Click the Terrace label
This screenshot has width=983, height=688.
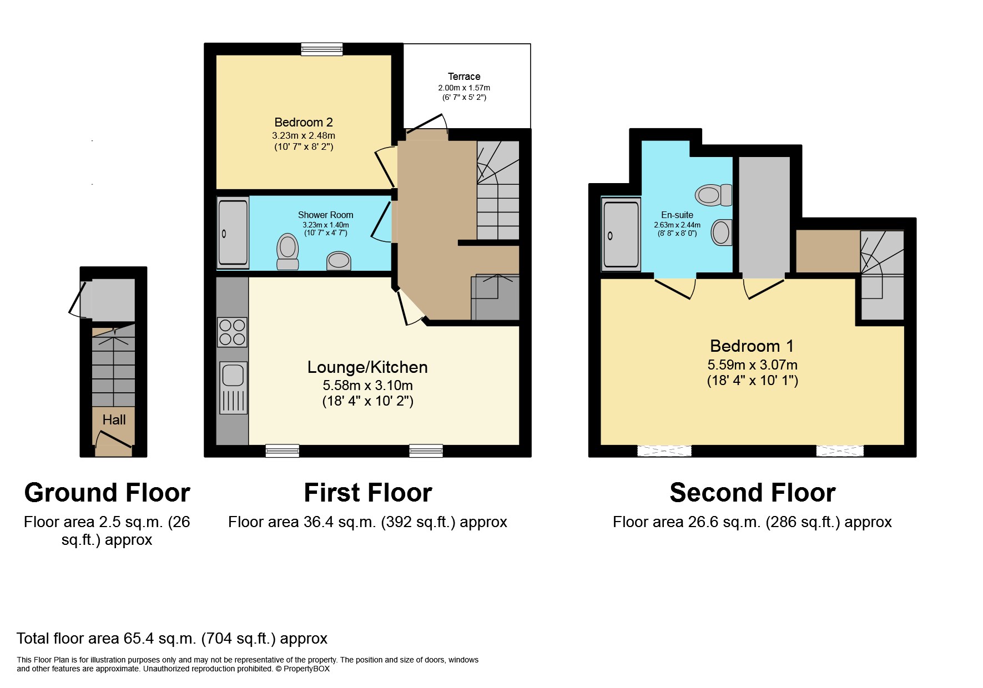tap(464, 77)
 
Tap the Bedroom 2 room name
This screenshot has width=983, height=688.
tap(303, 122)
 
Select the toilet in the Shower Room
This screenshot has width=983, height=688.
tap(287, 251)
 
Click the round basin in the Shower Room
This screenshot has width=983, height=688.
tap(339, 260)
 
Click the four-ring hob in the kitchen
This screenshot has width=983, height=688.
tap(232, 332)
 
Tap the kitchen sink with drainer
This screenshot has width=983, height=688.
tap(233, 388)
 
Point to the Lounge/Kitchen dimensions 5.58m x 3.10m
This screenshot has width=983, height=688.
tap(367, 385)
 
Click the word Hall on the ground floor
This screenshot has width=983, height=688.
tap(114, 420)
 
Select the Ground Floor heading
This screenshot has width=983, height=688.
tap(107, 493)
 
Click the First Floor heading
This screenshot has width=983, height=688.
tap(367, 493)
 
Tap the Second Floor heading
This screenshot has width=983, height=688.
tap(752, 493)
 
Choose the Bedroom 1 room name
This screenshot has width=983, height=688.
tap(752, 346)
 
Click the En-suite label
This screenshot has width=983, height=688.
tap(677, 215)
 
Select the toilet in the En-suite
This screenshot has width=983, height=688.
tap(713, 195)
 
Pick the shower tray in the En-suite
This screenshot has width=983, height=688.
tap(621, 235)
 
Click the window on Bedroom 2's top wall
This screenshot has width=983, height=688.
tap(322, 49)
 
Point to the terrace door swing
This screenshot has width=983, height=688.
tap(427, 123)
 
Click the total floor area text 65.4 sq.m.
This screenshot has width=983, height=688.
tap(172, 639)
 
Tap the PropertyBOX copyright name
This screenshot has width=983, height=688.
tap(306, 669)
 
